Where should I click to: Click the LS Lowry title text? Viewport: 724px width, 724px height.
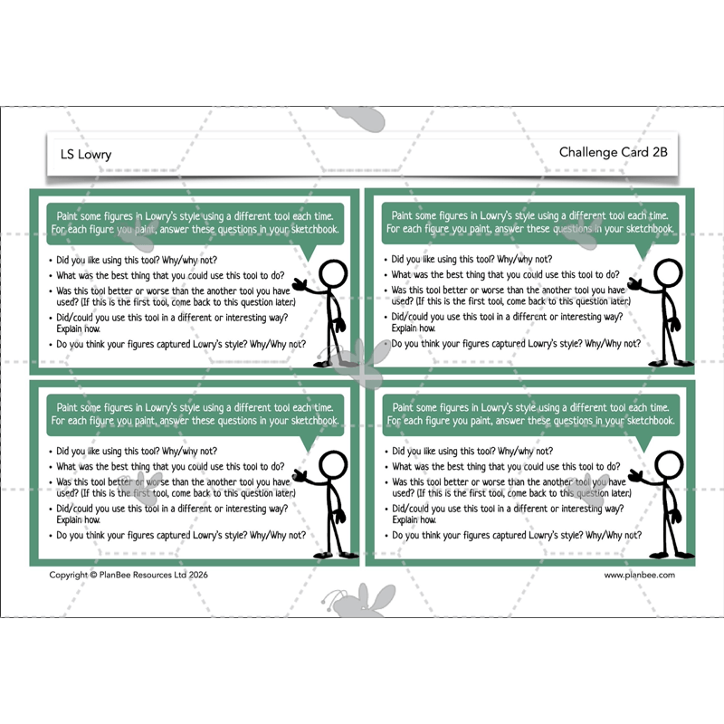point(86,154)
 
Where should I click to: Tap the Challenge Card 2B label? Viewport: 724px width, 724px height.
point(614,152)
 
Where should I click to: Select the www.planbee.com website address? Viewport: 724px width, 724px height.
point(639,575)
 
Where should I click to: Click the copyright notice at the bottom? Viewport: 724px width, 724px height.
point(129,575)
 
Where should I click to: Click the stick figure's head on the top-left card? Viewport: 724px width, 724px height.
point(333,275)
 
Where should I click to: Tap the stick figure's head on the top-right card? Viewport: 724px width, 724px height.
point(668,274)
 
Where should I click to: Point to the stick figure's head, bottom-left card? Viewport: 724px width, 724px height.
point(333,465)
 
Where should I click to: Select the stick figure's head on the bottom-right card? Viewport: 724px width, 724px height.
point(669,465)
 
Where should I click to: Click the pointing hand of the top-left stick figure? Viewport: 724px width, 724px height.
point(300,285)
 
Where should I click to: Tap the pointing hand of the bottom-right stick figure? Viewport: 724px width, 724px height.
point(636,476)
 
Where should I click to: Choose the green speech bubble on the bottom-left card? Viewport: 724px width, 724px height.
point(195,415)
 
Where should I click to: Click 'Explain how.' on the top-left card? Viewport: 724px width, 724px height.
point(78,329)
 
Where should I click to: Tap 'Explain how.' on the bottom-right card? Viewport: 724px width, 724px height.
point(414,519)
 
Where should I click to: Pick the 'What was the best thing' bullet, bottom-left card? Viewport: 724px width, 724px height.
point(170,466)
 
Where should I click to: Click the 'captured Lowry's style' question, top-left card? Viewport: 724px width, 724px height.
point(181,345)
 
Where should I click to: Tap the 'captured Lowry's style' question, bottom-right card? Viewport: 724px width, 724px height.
point(517,536)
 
